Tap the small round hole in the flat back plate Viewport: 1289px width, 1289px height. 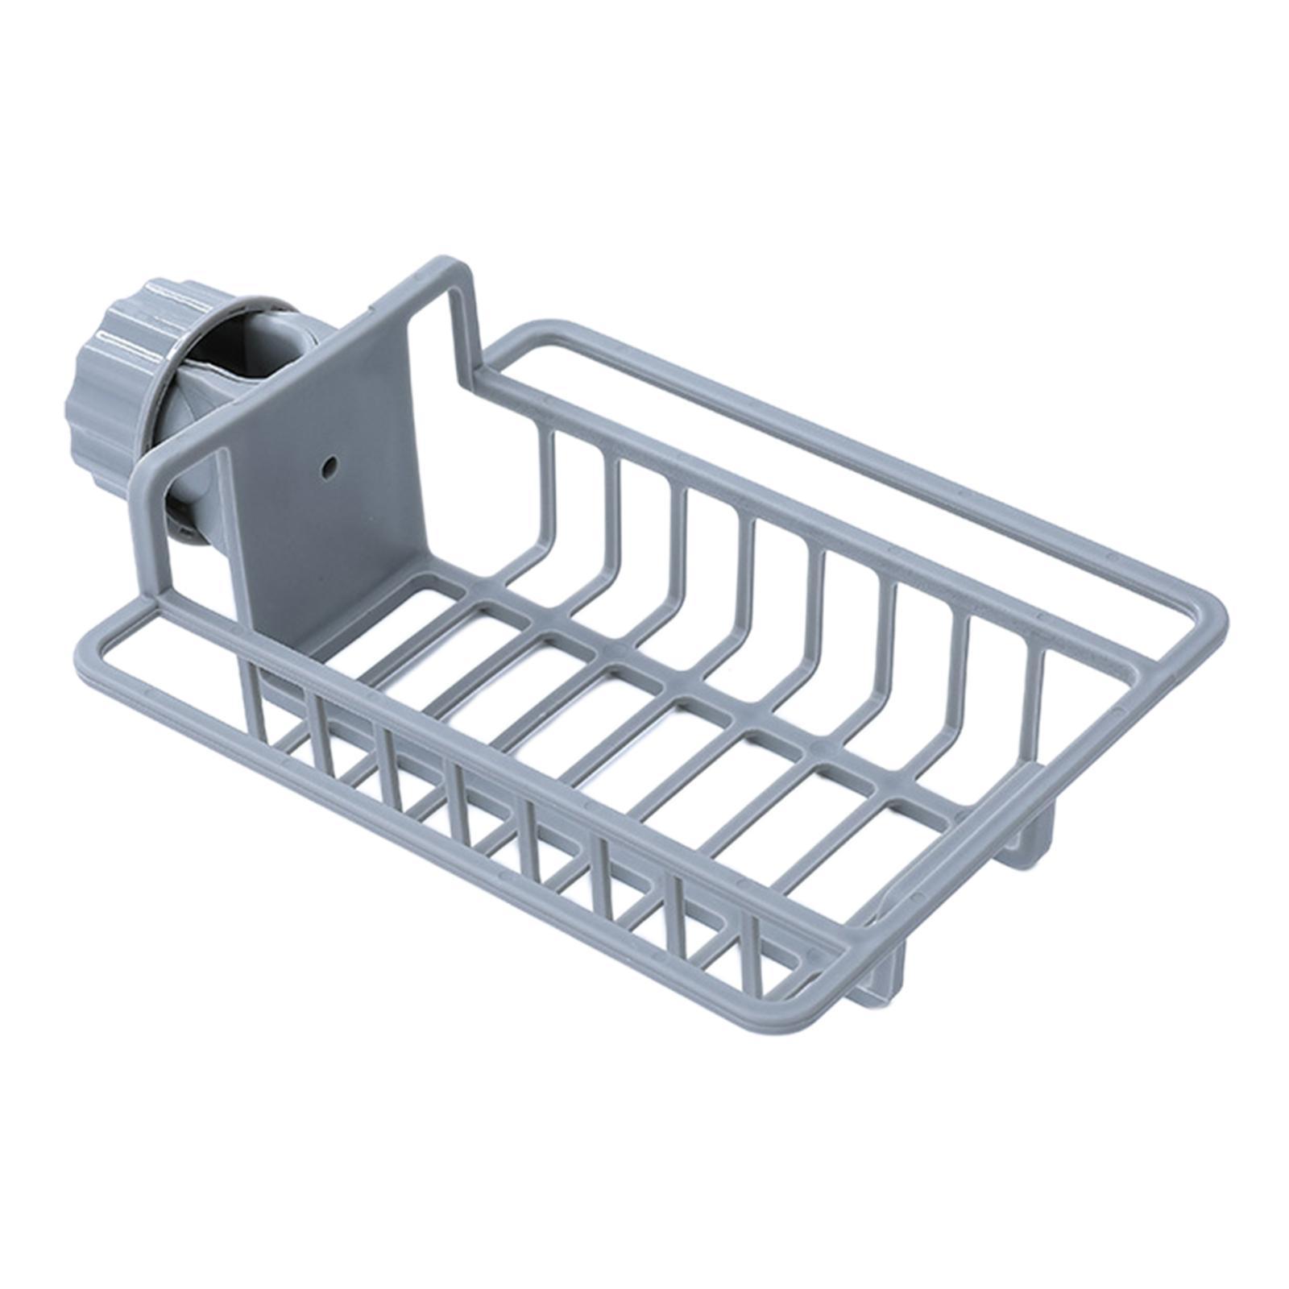pyautogui.click(x=330, y=465)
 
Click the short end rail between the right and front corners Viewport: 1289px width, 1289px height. pyautogui.click(x=1031, y=814)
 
